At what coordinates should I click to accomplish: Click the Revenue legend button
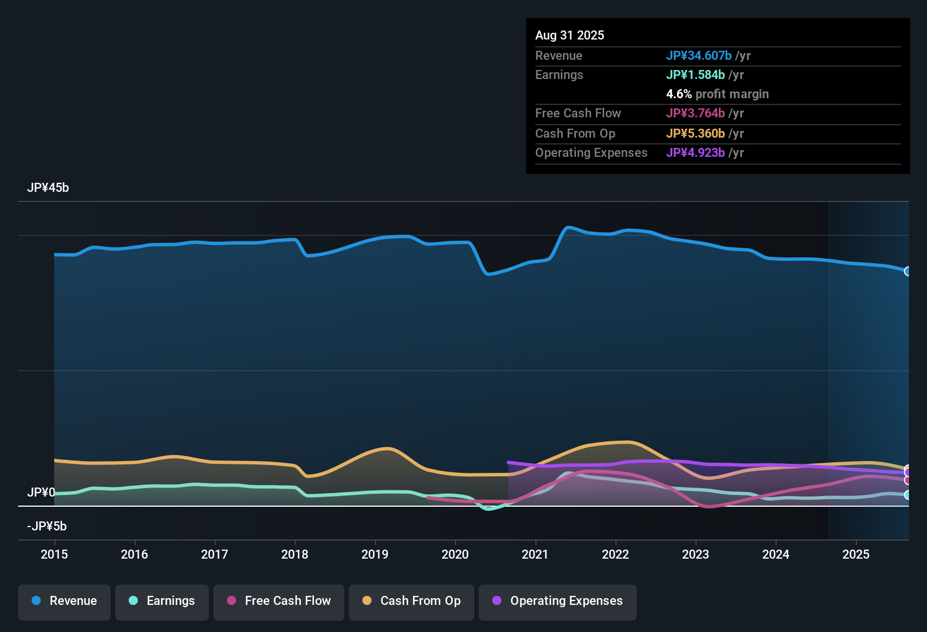click(x=64, y=601)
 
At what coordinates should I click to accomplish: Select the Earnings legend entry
click(x=162, y=601)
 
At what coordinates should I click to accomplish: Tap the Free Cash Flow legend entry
click(x=279, y=601)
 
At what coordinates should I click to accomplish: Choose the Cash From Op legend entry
click(x=412, y=601)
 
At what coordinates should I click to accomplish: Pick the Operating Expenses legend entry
click(x=558, y=601)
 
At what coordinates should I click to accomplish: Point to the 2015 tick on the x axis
click(x=54, y=554)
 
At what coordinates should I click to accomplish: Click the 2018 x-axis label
click(x=295, y=554)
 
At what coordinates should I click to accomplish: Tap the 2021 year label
click(x=535, y=554)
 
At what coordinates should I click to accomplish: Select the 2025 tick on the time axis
click(x=856, y=554)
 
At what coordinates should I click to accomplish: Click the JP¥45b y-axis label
click(x=48, y=188)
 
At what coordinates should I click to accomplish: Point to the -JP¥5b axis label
click(x=47, y=526)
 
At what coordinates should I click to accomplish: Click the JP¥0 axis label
click(x=41, y=493)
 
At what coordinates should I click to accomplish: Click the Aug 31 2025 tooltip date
click(x=570, y=36)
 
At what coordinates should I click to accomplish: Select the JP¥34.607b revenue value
click(x=699, y=56)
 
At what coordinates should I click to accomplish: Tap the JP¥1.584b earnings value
click(x=696, y=75)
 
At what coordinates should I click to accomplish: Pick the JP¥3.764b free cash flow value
click(x=696, y=113)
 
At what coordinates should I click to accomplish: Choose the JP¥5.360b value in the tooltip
click(x=696, y=134)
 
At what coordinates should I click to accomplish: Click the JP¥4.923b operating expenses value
click(x=696, y=153)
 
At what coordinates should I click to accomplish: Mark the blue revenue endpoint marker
click(x=908, y=271)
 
